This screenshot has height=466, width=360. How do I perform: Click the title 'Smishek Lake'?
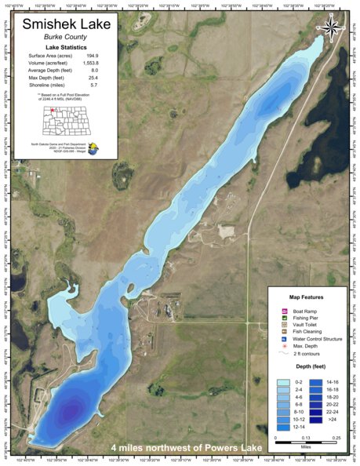[65, 24]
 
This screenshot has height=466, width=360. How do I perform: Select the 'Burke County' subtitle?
[65, 38]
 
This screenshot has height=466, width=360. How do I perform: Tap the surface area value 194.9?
[92, 56]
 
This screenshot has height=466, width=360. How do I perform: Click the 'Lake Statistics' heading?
[65, 48]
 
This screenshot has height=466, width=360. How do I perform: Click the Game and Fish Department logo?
[93, 147]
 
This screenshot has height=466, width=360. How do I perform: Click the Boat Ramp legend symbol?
[285, 311]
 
